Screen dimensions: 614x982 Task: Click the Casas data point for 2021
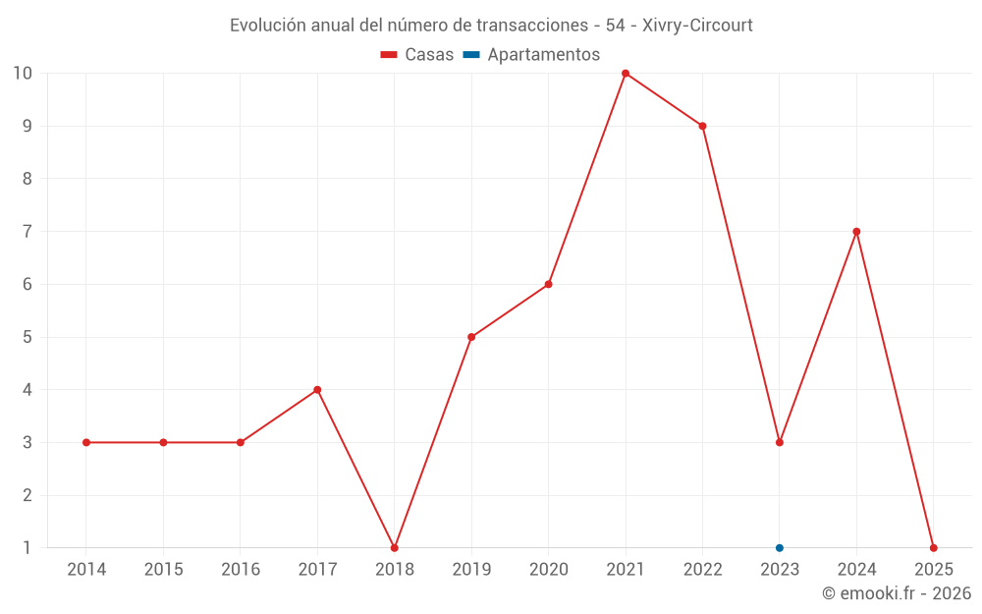point(626,74)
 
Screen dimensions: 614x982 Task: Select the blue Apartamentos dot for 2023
point(780,547)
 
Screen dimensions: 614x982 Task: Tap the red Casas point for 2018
point(395,547)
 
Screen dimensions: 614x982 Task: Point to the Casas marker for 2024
point(856,232)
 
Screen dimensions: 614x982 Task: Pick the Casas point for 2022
point(703,126)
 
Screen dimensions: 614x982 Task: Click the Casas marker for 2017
point(317,390)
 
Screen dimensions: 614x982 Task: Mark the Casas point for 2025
point(933,547)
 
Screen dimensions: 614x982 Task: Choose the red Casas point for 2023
point(780,442)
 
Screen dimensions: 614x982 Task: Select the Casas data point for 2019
point(471,337)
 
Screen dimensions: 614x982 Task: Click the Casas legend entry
point(417,55)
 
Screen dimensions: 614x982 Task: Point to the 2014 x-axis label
point(86,569)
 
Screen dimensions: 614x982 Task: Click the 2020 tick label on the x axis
point(548,569)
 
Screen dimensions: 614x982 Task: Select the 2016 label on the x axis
point(241,569)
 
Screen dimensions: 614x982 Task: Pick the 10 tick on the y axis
point(23,74)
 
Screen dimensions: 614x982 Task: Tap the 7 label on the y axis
point(27,232)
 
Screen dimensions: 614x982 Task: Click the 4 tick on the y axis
point(27,390)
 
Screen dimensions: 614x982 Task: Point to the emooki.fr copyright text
point(897,593)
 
